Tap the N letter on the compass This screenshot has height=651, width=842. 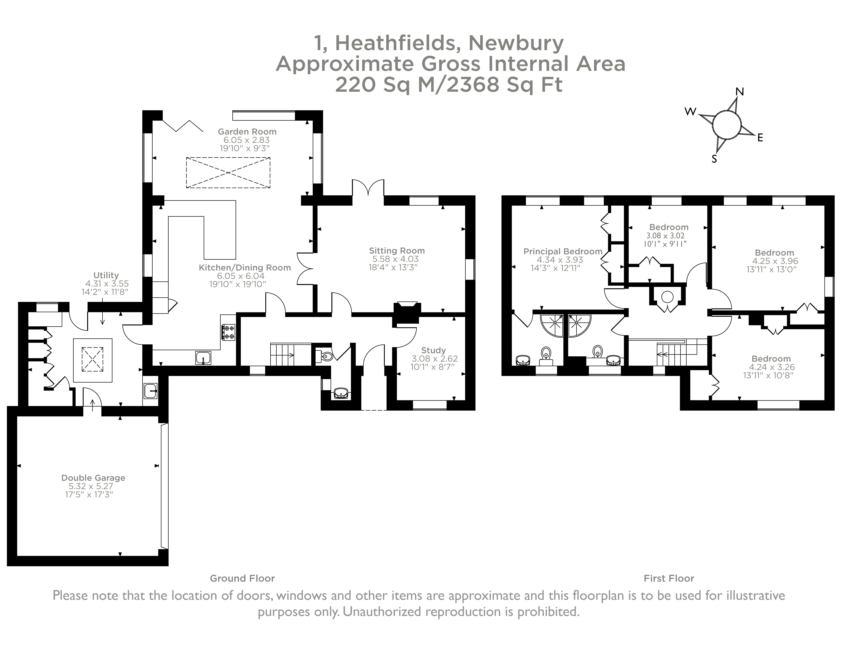(x=739, y=92)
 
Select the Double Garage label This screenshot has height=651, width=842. (x=93, y=478)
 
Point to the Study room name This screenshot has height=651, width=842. (x=433, y=350)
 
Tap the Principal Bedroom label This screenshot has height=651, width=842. (x=562, y=251)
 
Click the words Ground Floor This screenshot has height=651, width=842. (x=242, y=579)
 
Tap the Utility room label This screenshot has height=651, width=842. (x=106, y=275)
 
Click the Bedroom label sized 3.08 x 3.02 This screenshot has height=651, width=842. (x=669, y=227)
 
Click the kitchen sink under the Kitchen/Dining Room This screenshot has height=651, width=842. (x=203, y=358)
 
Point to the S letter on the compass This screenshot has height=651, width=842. (x=714, y=159)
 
